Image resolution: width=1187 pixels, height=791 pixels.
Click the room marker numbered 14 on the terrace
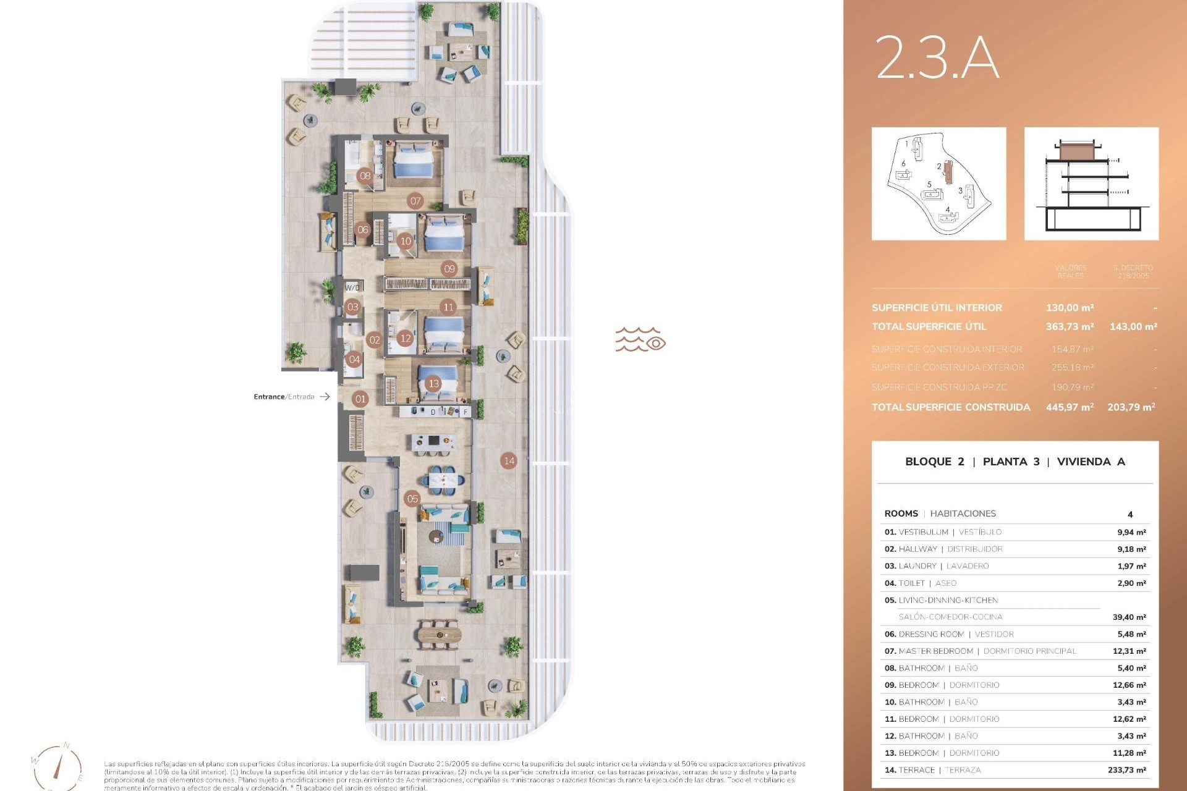click(509, 460)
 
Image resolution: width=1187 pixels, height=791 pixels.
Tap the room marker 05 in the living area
click(412, 499)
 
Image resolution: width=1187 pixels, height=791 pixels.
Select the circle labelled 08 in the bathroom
click(365, 176)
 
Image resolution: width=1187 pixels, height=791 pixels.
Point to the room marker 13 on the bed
click(433, 384)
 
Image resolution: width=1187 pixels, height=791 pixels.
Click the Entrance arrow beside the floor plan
click(325, 397)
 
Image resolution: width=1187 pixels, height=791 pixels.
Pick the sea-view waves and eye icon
click(640, 340)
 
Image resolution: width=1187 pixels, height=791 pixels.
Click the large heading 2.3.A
click(937, 57)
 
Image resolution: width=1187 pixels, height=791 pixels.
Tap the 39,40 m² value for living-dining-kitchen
click(1129, 617)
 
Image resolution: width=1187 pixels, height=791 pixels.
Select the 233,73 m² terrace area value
click(1126, 770)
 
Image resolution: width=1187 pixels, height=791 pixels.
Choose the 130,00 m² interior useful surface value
click(1070, 308)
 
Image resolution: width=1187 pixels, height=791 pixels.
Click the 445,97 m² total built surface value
click(1070, 407)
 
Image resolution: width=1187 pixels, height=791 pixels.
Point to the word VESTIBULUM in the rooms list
click(923, 532)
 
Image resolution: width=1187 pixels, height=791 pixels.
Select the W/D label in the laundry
click(352, 287)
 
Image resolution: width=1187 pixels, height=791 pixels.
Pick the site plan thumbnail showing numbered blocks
click(938, 184)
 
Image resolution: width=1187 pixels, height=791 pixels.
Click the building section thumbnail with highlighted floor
click(1091, 184)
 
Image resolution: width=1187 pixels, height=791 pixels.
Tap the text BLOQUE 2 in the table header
click(934, 462)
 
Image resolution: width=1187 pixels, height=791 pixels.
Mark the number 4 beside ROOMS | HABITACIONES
click(1130, 514)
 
